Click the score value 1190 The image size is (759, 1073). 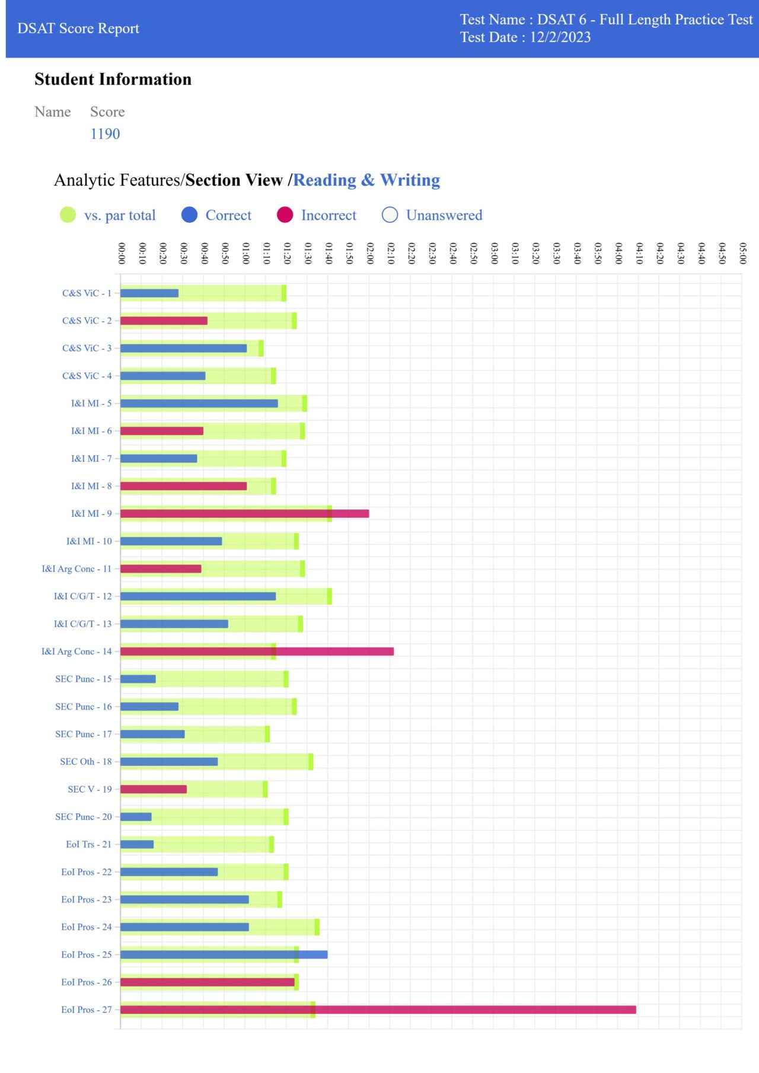point(105,134)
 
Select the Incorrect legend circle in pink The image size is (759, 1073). point(285,215)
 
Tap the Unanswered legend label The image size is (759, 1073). point(444,215)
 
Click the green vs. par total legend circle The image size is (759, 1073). point(68,215)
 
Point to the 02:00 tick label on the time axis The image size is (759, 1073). point(370,253)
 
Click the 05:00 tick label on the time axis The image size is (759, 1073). point(742,253)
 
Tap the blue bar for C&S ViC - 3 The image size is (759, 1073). point(183,348)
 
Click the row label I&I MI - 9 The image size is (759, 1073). point(91,513)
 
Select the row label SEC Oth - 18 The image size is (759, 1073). point(85,762)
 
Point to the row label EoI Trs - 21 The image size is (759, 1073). point(88,844)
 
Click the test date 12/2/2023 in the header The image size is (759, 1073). point(560,37)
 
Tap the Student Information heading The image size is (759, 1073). point(113,79)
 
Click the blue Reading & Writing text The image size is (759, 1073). point(366,180)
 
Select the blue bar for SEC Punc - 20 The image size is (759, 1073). point(136,817)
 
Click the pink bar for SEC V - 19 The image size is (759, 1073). point(154,789)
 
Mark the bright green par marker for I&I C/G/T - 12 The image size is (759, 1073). point(330,596)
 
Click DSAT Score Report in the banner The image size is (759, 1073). point(78,28)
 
